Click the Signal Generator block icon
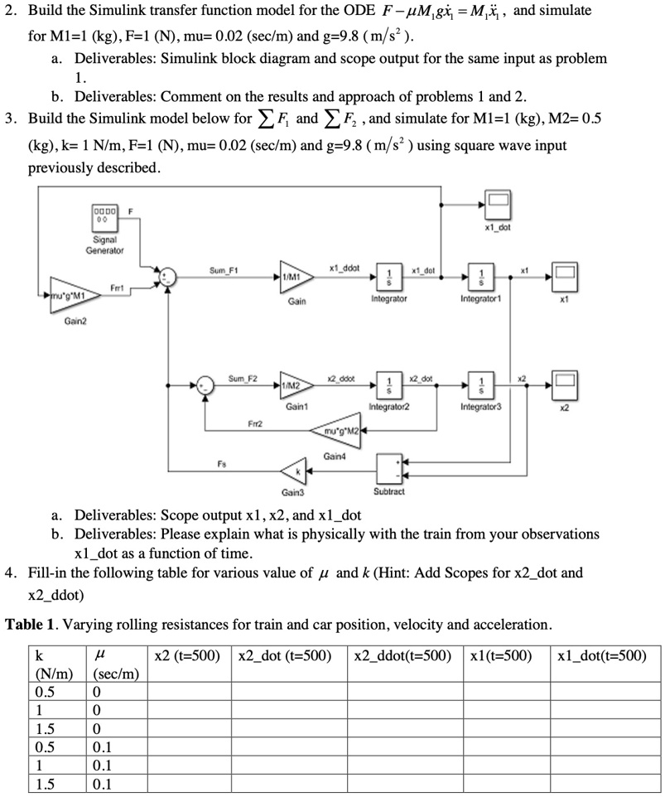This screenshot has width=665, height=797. pyautogui.click(x=104, y=218)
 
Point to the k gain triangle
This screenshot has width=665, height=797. pyautogui.click(x=294, y=471)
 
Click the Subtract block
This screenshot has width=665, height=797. pyautogui.click(x=389, y=469)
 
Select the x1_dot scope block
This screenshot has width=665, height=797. pyautogui.click(x=498, y=205)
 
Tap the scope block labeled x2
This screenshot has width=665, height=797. pyautogui.click(x=565, y=386)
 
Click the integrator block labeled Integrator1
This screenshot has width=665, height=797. pyautogui.click(x=481, y=277)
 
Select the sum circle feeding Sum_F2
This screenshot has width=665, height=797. pyautogui.click(x=205, y=386)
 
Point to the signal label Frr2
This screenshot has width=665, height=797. pyautogui.click(x=255, y=423)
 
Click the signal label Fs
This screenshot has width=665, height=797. pyautogui.click(x=222, y=464)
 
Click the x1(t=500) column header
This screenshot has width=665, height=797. pyautogui.click(x=501, y=656)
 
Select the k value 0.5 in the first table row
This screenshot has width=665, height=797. pyautogui.click(x=45, y=692)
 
